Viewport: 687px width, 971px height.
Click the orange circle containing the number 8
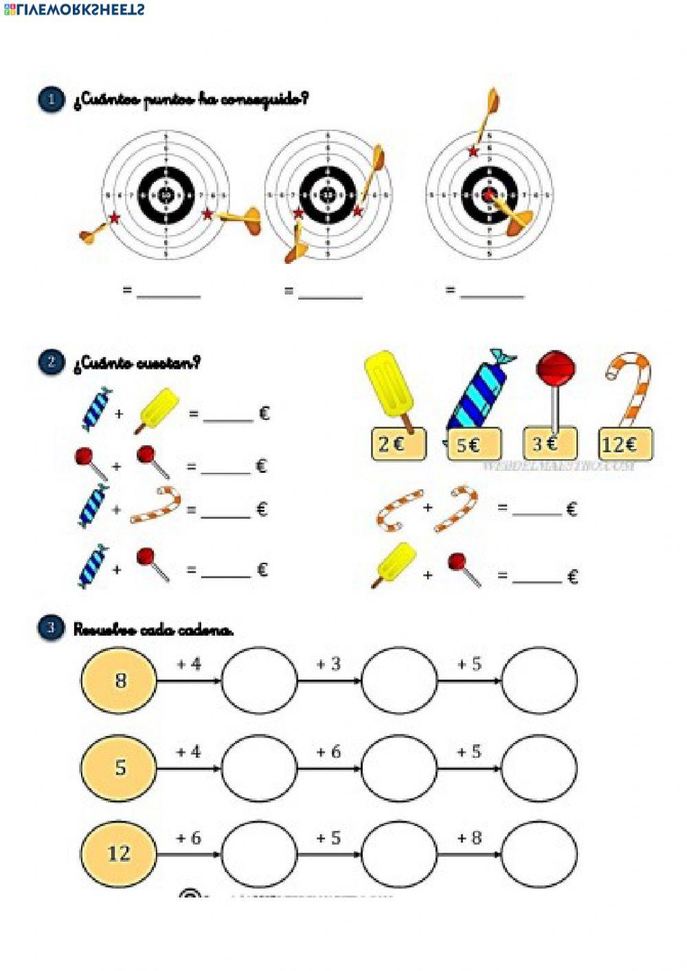tap(119, 680)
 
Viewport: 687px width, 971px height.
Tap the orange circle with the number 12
tap(119, 853)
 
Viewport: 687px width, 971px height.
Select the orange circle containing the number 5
tap(119, 767)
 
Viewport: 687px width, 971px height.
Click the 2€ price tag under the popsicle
tap(398, 444)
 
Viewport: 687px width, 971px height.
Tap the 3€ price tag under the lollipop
tap(550, 444)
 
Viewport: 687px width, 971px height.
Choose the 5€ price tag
tap(473, 445)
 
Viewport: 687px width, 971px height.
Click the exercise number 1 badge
tap(51, 100)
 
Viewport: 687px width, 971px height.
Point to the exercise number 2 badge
tap(51, 362)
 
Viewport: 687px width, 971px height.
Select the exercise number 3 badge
tap(51, 627)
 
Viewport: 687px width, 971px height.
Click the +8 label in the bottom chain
tap(470, 838)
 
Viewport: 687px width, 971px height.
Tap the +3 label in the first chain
tap(328, 664)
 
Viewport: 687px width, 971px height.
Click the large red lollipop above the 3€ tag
tap(556, 369)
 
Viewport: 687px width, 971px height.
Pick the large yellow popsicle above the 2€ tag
tap(389, 385)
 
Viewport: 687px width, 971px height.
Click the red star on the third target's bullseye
tap(488, 194)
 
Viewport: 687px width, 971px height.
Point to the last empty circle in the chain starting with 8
tap(539, 680)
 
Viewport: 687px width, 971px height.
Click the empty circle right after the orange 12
tap(259, 853)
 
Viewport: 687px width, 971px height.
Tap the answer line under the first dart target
tap(168, 293)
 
